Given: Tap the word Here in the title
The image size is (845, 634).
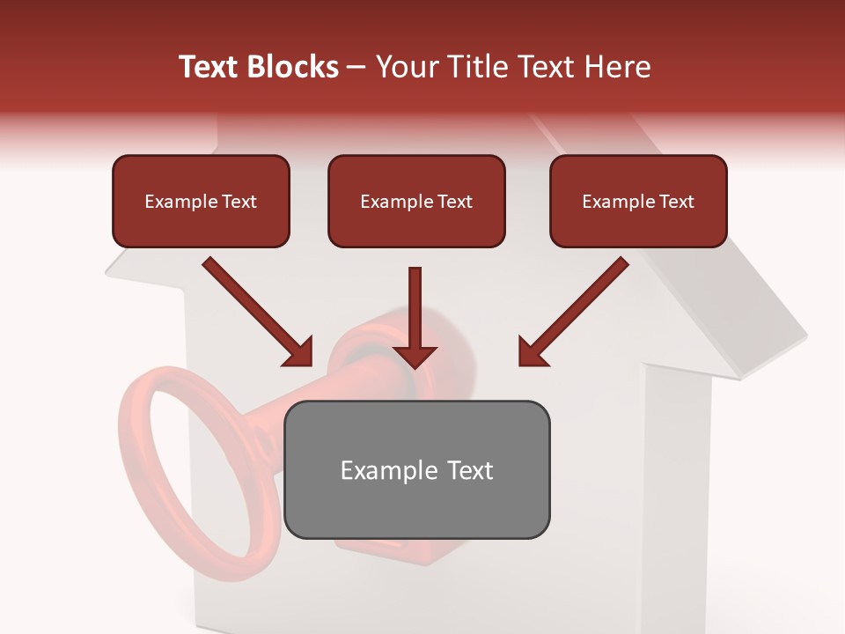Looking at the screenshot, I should click(x=615, y=67).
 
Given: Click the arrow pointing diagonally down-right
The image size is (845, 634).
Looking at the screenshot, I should click(x=257, y=312).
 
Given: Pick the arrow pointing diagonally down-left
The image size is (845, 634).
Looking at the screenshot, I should click(x=574, y=312).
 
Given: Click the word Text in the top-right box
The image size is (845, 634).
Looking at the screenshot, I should click(x=676, y=202).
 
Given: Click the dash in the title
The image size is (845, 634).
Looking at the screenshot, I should click(x=356, y=68).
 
